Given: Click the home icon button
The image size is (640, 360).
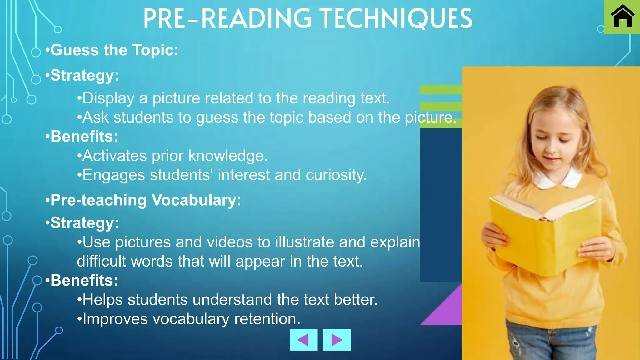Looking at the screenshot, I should point(622,17).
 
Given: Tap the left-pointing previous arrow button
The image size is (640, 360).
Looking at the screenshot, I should point(303,340).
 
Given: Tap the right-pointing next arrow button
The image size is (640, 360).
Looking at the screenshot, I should point(337,340).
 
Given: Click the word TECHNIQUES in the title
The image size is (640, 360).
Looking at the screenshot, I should point(396,19).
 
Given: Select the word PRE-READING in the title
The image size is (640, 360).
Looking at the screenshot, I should point(227,19).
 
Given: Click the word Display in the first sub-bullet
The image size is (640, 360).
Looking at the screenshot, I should point(108,98).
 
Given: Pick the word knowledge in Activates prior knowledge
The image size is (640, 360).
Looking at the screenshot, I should point(228,156).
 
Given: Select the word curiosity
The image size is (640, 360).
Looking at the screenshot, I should point(336,175).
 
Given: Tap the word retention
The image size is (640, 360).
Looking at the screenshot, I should point(267,319).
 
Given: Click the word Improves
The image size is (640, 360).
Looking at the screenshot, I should point(115,319).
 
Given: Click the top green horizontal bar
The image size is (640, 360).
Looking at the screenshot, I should point(441,90).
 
